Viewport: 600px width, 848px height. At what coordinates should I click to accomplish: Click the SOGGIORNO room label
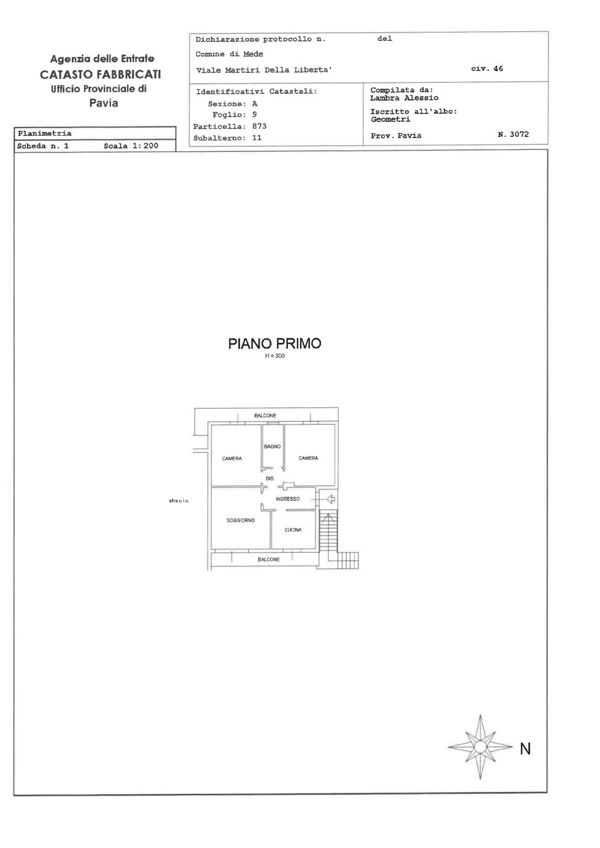(240, 520)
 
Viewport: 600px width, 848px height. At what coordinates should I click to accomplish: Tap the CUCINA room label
(293, 529)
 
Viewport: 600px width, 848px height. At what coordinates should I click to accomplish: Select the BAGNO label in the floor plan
(272, 446)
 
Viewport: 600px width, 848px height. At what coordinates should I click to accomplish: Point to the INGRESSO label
(287, 499)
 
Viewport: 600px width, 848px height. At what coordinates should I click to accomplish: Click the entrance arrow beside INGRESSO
(331, 499)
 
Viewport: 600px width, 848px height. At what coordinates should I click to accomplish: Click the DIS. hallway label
(270, 479)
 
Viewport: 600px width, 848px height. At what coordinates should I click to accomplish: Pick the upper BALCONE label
(265, 415)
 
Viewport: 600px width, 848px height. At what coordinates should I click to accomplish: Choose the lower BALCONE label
(269, 559)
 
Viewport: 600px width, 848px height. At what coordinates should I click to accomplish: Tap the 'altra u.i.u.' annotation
(179, 501)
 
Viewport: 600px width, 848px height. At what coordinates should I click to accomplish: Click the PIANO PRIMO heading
(275, 343)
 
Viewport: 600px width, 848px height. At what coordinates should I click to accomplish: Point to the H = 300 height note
(275, 356)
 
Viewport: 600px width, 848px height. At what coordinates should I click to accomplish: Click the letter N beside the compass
(525, 749)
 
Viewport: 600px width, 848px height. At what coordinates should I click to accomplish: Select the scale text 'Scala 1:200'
(131, 146)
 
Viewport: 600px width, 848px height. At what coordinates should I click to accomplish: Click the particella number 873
(260, 126)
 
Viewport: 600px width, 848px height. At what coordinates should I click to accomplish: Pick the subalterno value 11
(257, 138)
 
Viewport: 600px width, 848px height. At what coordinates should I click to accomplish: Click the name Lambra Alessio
(404, 98)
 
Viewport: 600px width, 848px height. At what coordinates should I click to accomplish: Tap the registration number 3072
(519, 134)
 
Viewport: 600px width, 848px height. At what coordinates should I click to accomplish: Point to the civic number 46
(498, 68)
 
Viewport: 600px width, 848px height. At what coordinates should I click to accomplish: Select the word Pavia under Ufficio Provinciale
(103, 103)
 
